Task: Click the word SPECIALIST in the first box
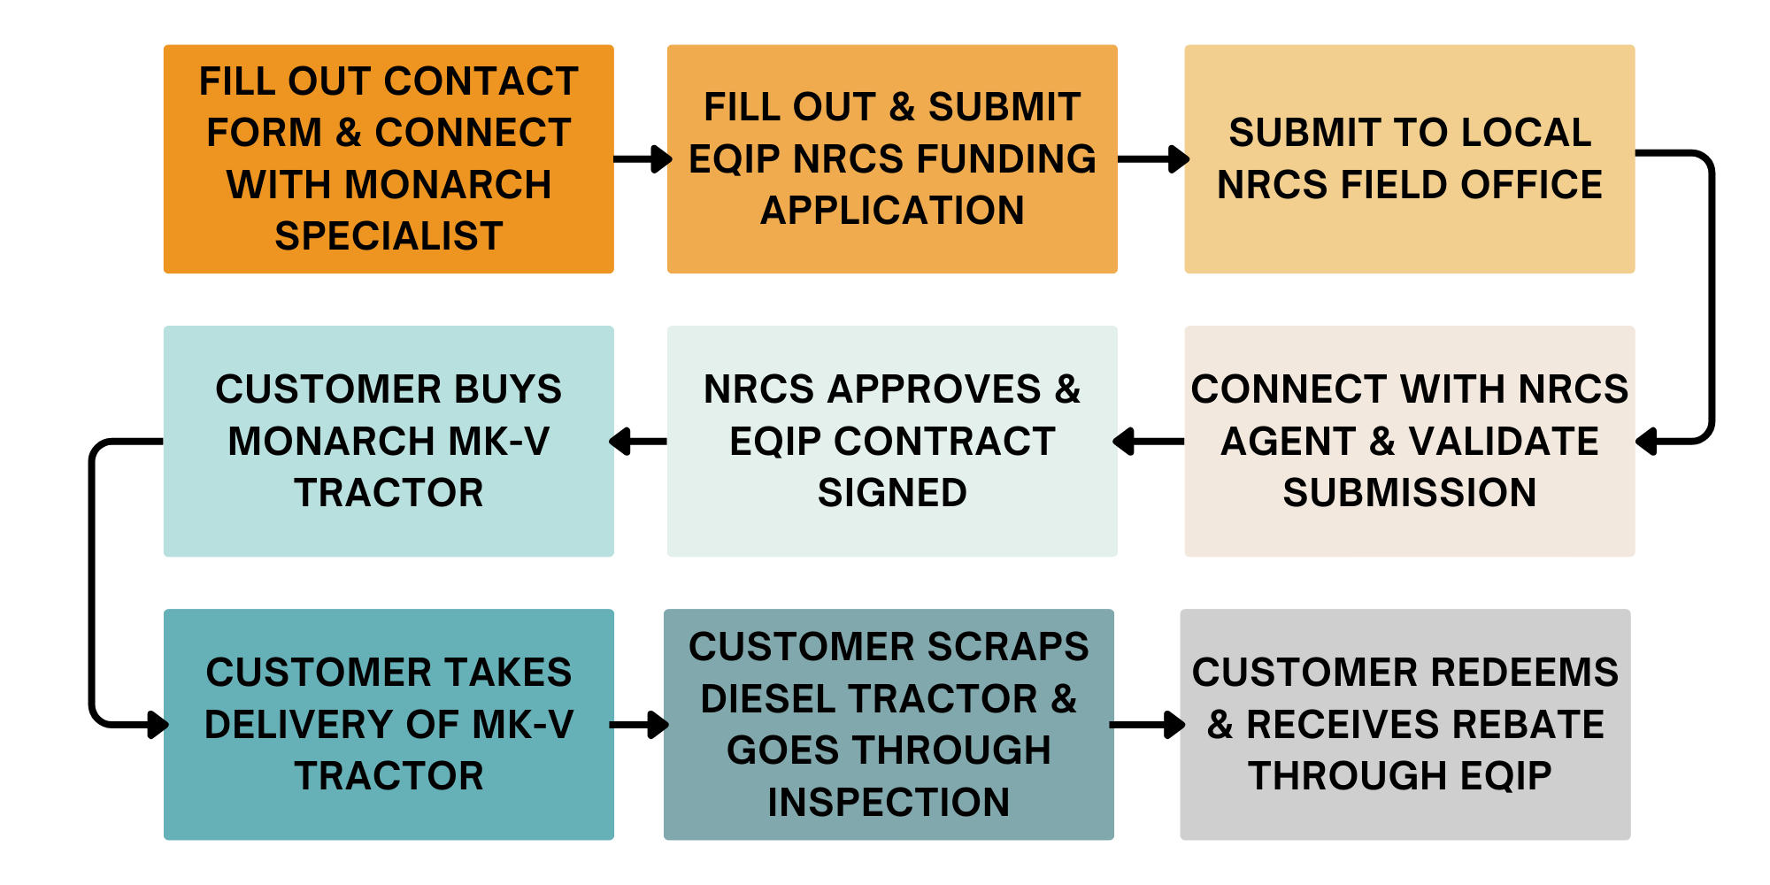389,236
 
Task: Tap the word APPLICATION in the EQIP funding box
892,211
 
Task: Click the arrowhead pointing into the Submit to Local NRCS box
1179,159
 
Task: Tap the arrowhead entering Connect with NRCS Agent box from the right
1646,441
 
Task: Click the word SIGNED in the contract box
892,493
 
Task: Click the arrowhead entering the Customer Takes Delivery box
158,725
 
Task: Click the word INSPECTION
889,803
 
